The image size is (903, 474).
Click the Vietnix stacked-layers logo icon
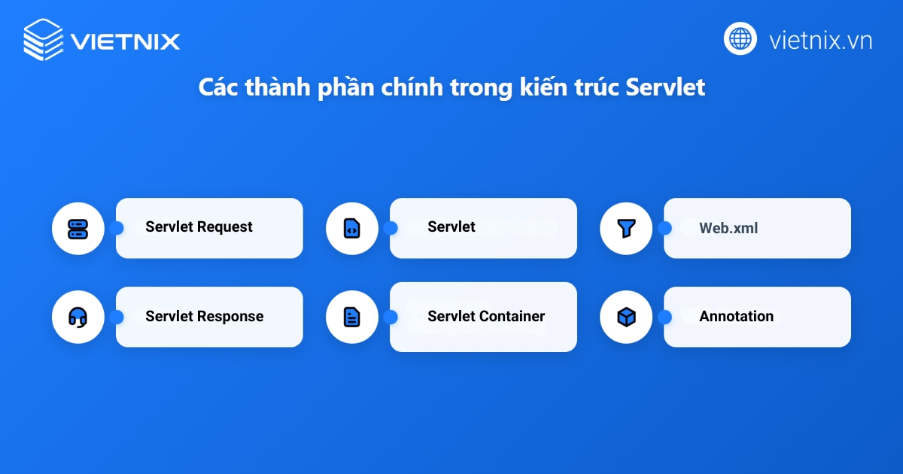pyautogui.click(x=43, y=39)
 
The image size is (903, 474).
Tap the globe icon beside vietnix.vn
pyautogui.click(x=740, y=38)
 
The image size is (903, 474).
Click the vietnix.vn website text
pyautogui.click(x=820, y=40)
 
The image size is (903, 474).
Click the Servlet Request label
pyautogui.click(x=199, y=227)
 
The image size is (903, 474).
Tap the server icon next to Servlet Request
pyautogui.click(x=78, y=228)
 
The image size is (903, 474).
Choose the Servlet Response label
pyautogui.click(x=205, y=317)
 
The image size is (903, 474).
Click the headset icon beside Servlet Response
pyautogui.click(x=78, y=318)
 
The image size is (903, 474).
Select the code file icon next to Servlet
pyautogui.click(x=351, y=228)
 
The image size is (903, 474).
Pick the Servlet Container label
pyautogui.click(x=486, y=317)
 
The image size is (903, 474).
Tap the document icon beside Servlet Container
pyautogui.click(x=351, y=318)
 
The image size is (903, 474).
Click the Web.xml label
pyautogui.click(x=728, y=228)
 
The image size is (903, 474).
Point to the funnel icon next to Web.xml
pyautogui.click(x=625, y=228)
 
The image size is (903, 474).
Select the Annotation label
pyautogui.click(x=736, y=317)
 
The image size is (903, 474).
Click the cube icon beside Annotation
pyautogui.click(x=625, y=318)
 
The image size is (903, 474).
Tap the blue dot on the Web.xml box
pyautogui.click(x=664, y=228)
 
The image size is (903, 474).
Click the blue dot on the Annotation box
pyautogui.click(x=664, y=318)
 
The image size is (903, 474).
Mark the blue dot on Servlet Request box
pyautogui.click(x=117, y=228)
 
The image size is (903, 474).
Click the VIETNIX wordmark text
pyautogui.click(x=125, y=40)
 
